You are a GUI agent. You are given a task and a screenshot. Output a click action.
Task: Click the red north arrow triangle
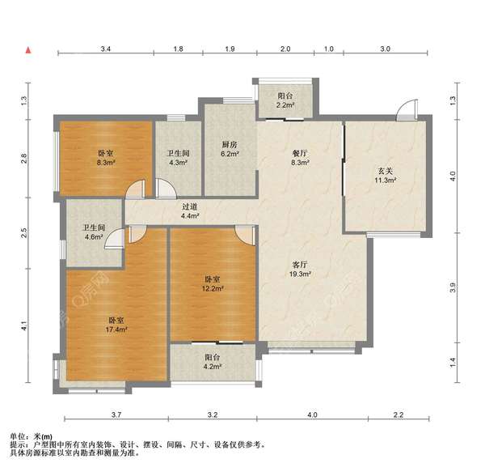(28, 50)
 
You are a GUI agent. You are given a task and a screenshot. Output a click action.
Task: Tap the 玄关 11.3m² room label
(386, 176)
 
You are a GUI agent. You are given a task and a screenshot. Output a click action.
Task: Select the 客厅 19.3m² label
(300, 269)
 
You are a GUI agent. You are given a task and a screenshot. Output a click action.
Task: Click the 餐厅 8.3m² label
(300, 158)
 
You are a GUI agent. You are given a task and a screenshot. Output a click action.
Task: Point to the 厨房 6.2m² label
(230, 149)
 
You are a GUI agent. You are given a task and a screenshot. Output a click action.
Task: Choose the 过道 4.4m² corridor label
(190, 211)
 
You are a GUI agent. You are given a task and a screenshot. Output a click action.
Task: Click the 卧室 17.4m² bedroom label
(116, 325)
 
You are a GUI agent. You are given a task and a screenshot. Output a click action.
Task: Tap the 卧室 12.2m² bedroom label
(213, 283)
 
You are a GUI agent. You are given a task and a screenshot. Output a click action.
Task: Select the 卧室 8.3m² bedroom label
(106, 158)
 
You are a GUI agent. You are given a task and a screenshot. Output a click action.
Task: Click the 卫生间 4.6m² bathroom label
(94, 232)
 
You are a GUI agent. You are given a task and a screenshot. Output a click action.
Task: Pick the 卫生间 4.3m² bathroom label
(178, 158)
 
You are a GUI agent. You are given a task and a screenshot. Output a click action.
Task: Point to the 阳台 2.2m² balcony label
(285, 100)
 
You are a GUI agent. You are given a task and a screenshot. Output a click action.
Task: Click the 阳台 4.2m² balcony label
(213, 362)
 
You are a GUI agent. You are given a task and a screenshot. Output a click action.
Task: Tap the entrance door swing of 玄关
(407, 110)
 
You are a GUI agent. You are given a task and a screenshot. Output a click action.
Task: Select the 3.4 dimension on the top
(105, 49)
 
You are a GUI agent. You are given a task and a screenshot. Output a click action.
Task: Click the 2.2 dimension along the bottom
(399, 415)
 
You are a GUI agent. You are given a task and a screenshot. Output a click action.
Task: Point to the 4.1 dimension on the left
(24, 326)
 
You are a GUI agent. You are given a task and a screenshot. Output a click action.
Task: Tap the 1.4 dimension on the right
(453, 363)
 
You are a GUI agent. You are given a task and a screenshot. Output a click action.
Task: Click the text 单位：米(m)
(31, 436)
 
